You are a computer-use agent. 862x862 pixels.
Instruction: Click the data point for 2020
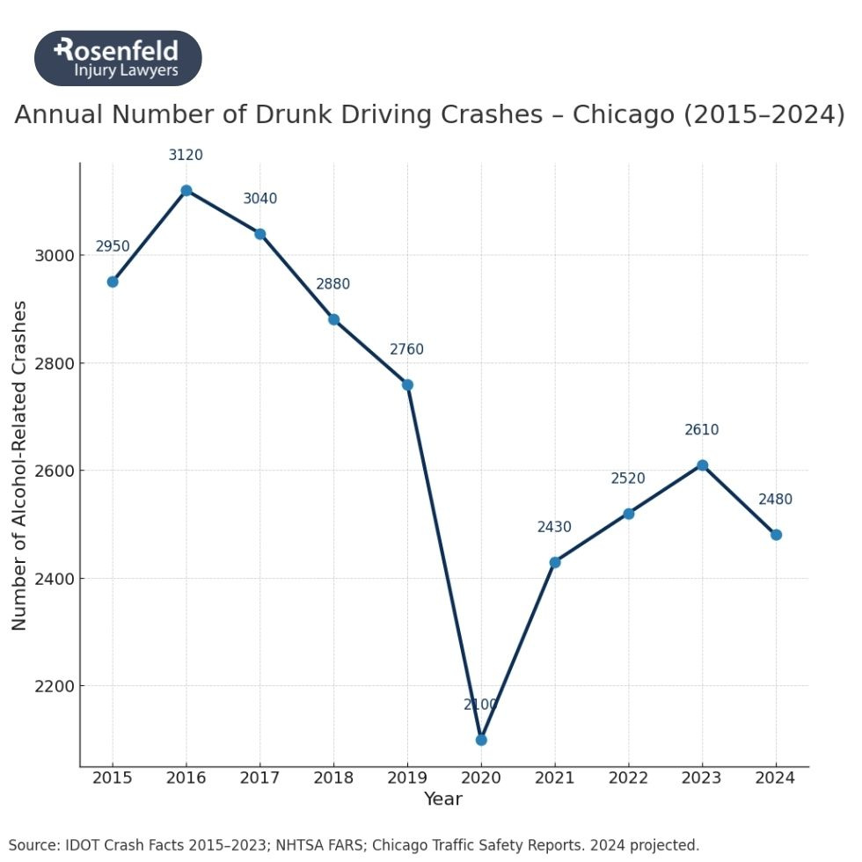(481, 740)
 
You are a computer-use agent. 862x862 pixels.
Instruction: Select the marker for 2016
(186, 191)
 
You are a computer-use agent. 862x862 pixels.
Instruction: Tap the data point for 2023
(702, 465)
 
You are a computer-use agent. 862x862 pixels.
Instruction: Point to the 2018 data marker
(333, 319)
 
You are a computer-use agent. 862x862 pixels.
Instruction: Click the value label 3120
(186, 156)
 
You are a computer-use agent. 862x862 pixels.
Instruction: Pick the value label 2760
(406, 350)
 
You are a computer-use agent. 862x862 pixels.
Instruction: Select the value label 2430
(554, 528)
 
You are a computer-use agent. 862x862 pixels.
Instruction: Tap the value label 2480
(775, 500)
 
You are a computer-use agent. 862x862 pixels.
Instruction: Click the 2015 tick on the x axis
(113, 778)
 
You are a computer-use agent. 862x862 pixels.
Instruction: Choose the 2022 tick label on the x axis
(628, 778)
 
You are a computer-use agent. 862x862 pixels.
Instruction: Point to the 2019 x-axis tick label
(407, 778)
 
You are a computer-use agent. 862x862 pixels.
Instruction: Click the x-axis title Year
(442, 800)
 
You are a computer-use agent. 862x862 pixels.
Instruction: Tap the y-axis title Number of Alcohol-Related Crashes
(19, 465)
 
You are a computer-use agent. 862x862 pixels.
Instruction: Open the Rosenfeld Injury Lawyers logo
(118, 58)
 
